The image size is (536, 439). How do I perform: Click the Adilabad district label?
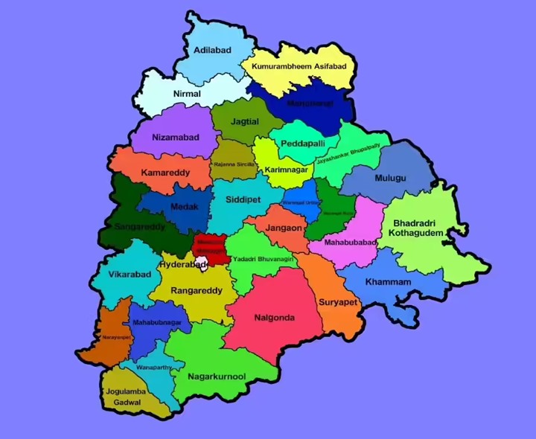(212, 50)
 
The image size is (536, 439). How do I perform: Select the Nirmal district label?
(187, 94)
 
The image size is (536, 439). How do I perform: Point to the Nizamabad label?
(175, 138)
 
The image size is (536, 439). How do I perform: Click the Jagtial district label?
(244, 121)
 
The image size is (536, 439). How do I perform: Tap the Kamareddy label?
(165, 173)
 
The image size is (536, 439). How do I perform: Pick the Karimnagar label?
(286, 170)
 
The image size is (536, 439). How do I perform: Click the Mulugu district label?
(390, 178)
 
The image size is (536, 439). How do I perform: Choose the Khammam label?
(388, 282)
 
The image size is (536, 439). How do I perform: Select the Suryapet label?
(339, 302)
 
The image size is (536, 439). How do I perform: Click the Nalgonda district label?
(274, 318)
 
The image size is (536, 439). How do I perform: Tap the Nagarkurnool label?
(217, 376)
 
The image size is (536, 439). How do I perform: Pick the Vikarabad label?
(130, 274)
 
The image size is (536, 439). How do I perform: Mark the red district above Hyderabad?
(208, 246)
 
